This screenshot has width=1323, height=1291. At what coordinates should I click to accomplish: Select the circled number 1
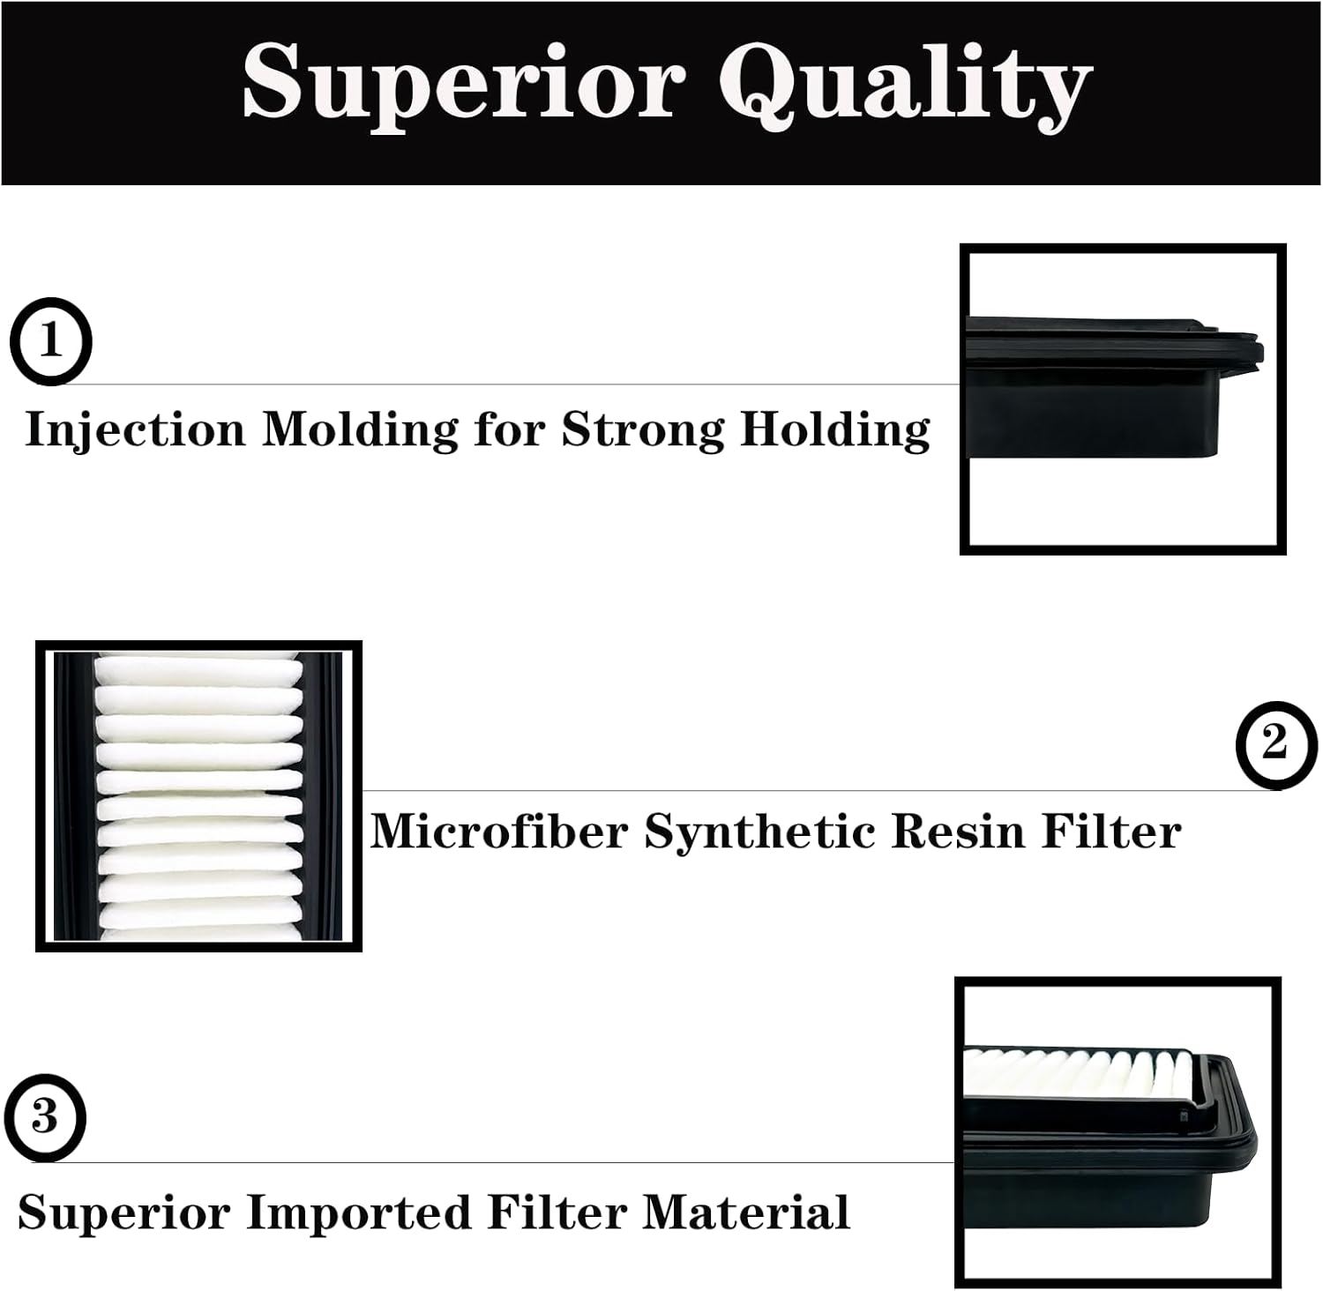tap(50, 341)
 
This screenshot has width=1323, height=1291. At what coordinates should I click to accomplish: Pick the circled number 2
tap(1275, 744)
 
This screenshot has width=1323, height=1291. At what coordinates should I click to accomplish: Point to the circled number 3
tap(44, 1118)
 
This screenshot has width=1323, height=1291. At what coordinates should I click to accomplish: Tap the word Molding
tap(359, 431)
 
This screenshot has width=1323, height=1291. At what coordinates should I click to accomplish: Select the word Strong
tap(643, 429)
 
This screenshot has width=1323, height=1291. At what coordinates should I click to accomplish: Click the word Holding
tap(834, 431)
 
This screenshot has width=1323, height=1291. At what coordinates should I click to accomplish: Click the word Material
tap(745, 1213)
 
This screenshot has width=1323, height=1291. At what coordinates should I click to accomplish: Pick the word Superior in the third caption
tap(124, 1214)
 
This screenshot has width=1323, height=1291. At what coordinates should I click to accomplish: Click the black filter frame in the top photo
tap(1111, 414)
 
